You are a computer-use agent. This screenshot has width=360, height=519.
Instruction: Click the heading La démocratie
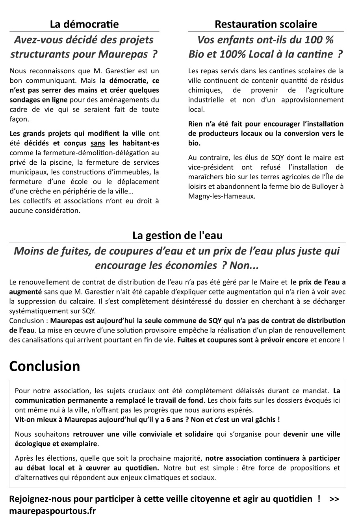[84, 24]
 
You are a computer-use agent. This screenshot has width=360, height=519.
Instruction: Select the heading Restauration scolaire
[266, 24]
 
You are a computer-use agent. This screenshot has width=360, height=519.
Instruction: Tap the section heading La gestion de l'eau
[177, 236]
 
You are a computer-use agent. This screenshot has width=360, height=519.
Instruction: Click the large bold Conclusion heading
[45, 366]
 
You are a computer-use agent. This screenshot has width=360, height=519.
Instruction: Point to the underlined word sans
[98, 143]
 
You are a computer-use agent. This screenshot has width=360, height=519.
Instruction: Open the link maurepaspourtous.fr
[52, 511]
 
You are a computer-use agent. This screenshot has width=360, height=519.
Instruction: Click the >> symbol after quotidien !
[334, 499]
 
